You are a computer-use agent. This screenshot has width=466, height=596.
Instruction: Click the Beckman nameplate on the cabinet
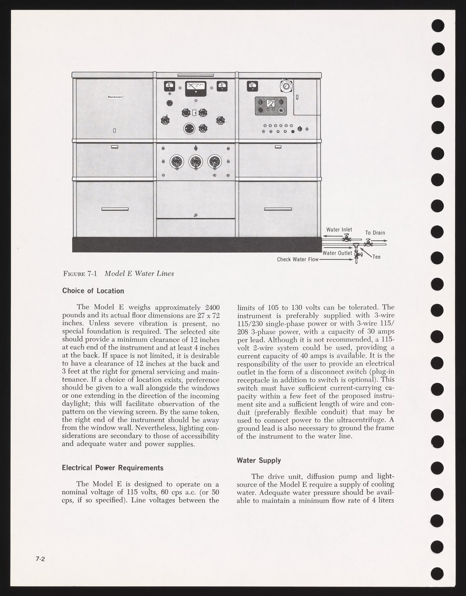click(115, 97)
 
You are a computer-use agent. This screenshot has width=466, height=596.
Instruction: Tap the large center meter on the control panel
click(195, 87)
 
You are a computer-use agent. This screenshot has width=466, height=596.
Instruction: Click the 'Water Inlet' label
click(339, 230)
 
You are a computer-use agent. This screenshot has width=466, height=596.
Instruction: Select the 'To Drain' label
click(375, 233)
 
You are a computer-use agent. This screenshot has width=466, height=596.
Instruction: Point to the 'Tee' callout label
click(376, 257)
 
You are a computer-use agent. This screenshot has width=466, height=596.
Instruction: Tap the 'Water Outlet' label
click(337, 253)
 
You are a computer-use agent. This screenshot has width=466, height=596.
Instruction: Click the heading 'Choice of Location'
click(93, 291)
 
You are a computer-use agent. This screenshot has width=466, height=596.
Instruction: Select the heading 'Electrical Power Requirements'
click(113, 468)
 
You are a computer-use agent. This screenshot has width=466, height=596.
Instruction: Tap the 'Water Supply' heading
click(259, 460)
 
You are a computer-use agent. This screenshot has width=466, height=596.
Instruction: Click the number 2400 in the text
click(213, 307)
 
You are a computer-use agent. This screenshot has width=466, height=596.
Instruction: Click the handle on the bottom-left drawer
click(115, 209)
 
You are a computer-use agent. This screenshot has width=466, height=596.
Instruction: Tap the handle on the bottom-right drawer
click(278, 209)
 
